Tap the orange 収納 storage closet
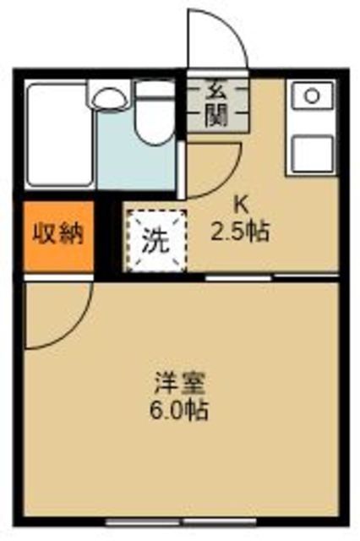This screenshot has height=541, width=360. click(58, 236)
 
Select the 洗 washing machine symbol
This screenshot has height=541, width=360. click(155, 241)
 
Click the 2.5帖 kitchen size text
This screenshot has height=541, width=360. click(240, 232)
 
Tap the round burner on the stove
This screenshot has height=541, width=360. click(312, 96)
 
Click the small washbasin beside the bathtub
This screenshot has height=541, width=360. click(111, 98)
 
